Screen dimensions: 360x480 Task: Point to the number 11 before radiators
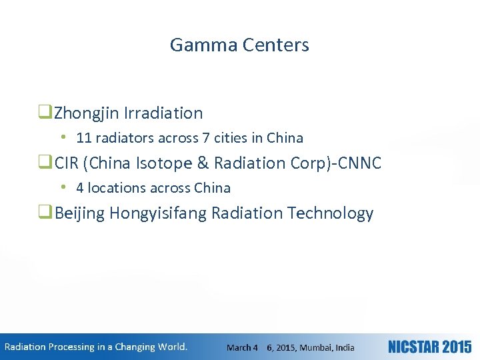point(84,139)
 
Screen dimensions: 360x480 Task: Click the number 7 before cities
point(205,139)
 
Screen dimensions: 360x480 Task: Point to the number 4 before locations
point(80,189)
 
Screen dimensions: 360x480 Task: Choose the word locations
point(114,189)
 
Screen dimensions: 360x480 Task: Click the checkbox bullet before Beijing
point(47,213)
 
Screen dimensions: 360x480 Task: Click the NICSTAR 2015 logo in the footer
point(429,347)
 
